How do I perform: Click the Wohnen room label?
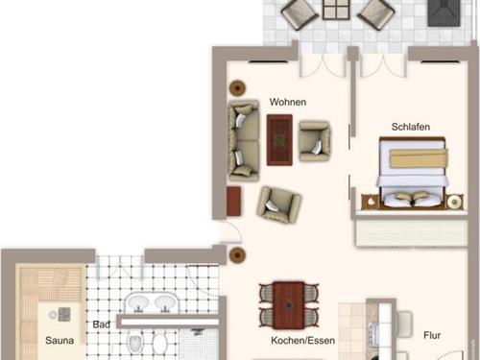tap(288, 102)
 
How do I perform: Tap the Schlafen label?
tap(411, 127)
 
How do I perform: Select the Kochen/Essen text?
tap(302, 341)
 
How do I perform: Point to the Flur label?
tap(432, 335)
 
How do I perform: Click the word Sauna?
tap(60, 340)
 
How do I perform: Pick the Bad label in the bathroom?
tap(101, 324)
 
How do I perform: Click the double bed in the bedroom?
tap(412, 173)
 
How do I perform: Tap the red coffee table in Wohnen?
tap(279, 140)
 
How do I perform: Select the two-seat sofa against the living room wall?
tap(244, 140)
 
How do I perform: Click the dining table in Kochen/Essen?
tap(289, 305)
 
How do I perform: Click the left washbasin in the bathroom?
tap(138, 303)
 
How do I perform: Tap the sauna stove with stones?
tap(64, 314)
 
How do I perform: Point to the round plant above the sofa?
tap(237, 87)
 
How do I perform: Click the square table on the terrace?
tap(336, 10)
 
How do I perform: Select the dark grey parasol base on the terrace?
tap(444, 12)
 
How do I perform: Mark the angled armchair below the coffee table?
tap(279, 204)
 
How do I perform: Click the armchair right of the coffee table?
tap(314, 141)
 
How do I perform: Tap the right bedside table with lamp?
tap(454, 202)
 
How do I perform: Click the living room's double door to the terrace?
tap(324, 66)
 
